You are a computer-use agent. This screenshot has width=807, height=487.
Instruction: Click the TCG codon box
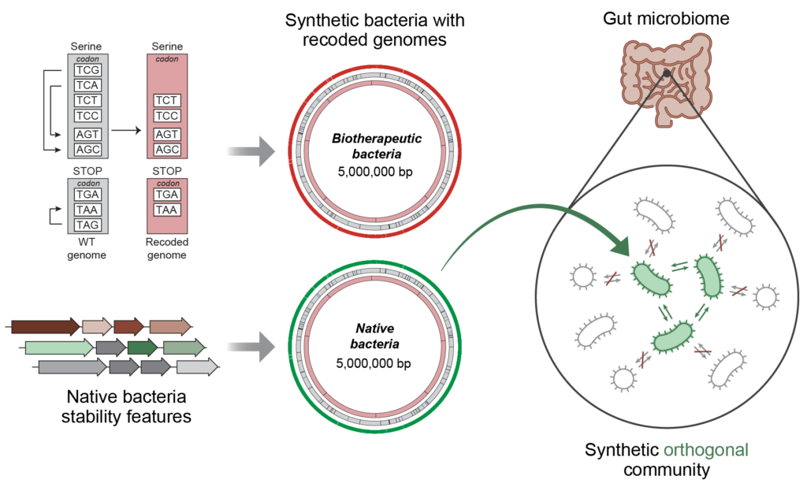tap(87, 70)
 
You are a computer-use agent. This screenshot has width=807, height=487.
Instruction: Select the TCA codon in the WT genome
tap(87, 85)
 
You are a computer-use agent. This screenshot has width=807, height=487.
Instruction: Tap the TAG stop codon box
tap(87, 225)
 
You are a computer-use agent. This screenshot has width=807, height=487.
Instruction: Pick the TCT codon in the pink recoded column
tap(166, 101)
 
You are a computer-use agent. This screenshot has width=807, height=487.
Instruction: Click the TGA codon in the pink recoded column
tap(166, 195)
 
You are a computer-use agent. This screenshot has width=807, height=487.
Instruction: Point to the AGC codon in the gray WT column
tap(87, 150)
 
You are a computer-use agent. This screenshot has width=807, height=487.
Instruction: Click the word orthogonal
tap(705, 451)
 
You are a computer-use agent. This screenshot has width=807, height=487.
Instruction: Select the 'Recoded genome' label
tap(168, 249)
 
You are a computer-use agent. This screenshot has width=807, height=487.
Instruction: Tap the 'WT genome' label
tap(87, 249)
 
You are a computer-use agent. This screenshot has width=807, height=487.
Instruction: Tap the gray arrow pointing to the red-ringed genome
tap(249, 151)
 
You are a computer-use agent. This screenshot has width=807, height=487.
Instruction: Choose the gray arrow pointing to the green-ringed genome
tap(249, 347)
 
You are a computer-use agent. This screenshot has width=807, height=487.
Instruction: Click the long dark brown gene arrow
tap(45, 326)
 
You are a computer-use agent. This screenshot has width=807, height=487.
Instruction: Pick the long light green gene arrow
tap(58, 348)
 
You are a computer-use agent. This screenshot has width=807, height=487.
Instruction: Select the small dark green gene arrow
tap(142, 348)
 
